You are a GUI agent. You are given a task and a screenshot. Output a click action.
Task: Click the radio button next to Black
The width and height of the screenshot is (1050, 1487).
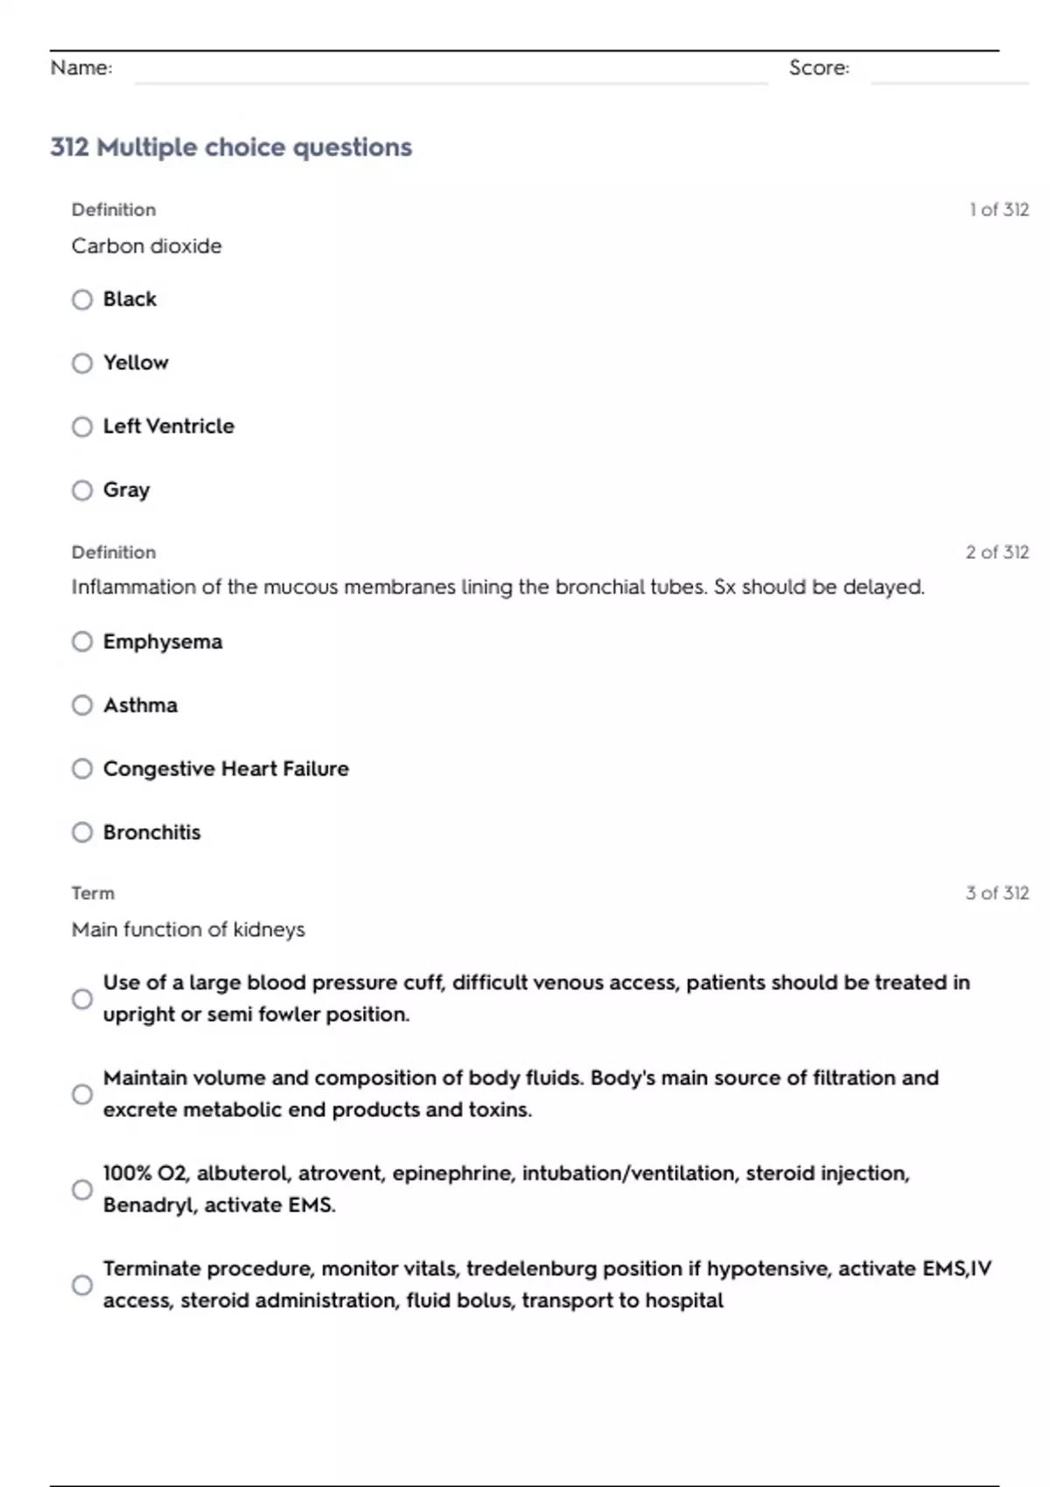click(82, 300)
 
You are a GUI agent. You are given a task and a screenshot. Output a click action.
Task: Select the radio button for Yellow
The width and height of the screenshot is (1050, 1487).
click(82, 363)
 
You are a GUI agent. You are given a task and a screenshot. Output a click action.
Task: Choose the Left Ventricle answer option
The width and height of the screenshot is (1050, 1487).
click(168, 426)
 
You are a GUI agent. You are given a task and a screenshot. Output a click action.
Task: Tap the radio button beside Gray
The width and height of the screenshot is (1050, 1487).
click(82, 490)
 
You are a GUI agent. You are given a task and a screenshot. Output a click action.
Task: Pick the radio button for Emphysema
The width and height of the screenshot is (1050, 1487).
click(82, 642)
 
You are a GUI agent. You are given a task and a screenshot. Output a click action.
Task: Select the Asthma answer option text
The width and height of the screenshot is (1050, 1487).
click(140, 705)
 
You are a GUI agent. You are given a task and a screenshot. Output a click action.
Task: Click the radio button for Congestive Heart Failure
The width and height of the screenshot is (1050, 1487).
click(82, 769)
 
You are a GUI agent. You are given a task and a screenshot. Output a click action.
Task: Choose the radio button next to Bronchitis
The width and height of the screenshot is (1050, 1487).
click(82, 832)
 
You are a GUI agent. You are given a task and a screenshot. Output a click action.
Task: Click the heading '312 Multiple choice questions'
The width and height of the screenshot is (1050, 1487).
click(231, 147)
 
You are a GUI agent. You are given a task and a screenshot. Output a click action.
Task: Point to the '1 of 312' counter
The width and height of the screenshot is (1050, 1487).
click(998, 210)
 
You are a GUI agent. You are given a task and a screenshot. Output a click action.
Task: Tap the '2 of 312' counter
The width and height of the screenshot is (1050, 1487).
click(997, 552)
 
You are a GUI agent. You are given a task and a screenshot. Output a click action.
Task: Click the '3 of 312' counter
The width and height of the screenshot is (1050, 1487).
click(997, 893)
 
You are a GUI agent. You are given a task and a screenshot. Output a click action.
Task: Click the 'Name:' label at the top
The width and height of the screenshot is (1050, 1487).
click(81, 67)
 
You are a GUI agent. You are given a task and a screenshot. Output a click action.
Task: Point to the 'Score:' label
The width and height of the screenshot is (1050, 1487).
click(819, 67)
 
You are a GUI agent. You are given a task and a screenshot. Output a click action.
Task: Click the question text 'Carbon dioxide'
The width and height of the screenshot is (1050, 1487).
click(146, 246)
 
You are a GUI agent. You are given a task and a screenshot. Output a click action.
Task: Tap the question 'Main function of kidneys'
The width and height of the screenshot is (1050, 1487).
click(188, 929)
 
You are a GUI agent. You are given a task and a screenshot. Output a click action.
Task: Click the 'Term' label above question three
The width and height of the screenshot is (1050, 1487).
click(93, 893)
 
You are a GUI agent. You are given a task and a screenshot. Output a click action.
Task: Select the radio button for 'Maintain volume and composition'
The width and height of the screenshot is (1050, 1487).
click(82, 1094)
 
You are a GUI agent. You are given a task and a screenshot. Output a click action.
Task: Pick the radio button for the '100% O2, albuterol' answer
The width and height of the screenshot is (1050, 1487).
click(82, 1190)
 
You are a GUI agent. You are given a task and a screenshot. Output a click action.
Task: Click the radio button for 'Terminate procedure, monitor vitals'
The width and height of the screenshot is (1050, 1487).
click(82, 1285)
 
